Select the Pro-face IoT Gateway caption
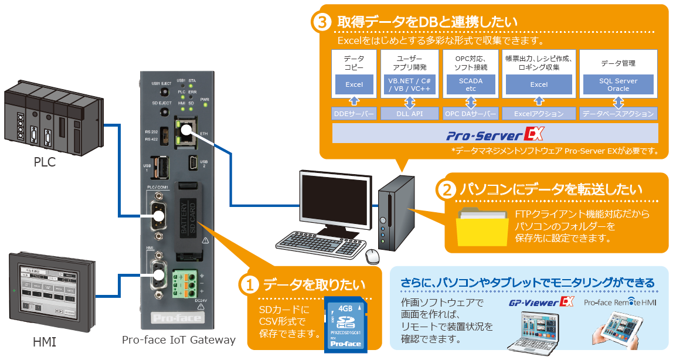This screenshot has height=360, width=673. (x=179, y=340)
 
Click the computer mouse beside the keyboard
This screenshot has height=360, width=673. (x=372, y=256)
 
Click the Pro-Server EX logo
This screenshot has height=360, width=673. (x=495, y=135)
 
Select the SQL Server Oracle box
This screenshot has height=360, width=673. (x=618, y=85)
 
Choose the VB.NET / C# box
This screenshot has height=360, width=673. (x=409, y=85)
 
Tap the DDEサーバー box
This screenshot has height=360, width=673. (x=354, y=113)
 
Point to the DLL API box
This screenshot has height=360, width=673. (x=409, y=113)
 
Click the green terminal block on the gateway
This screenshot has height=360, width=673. (x=185, y=284)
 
